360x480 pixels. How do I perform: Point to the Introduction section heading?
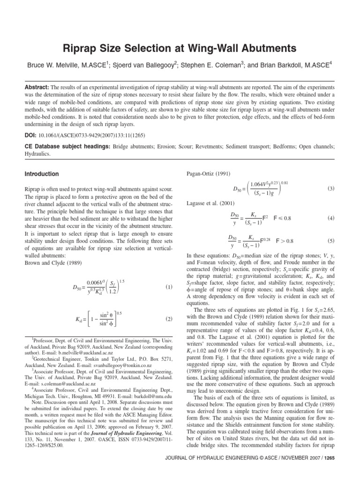pyautogui.click(x=42, y=174)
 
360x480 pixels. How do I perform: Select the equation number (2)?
pyautogui.click(x=169, y=319)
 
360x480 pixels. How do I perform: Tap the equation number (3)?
pyautogui.click(x=331, y=189)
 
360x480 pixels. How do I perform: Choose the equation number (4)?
pyautogui.click(x=331, y=218)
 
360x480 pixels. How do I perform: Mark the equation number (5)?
pyautogui.click(x=331, y=241)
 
